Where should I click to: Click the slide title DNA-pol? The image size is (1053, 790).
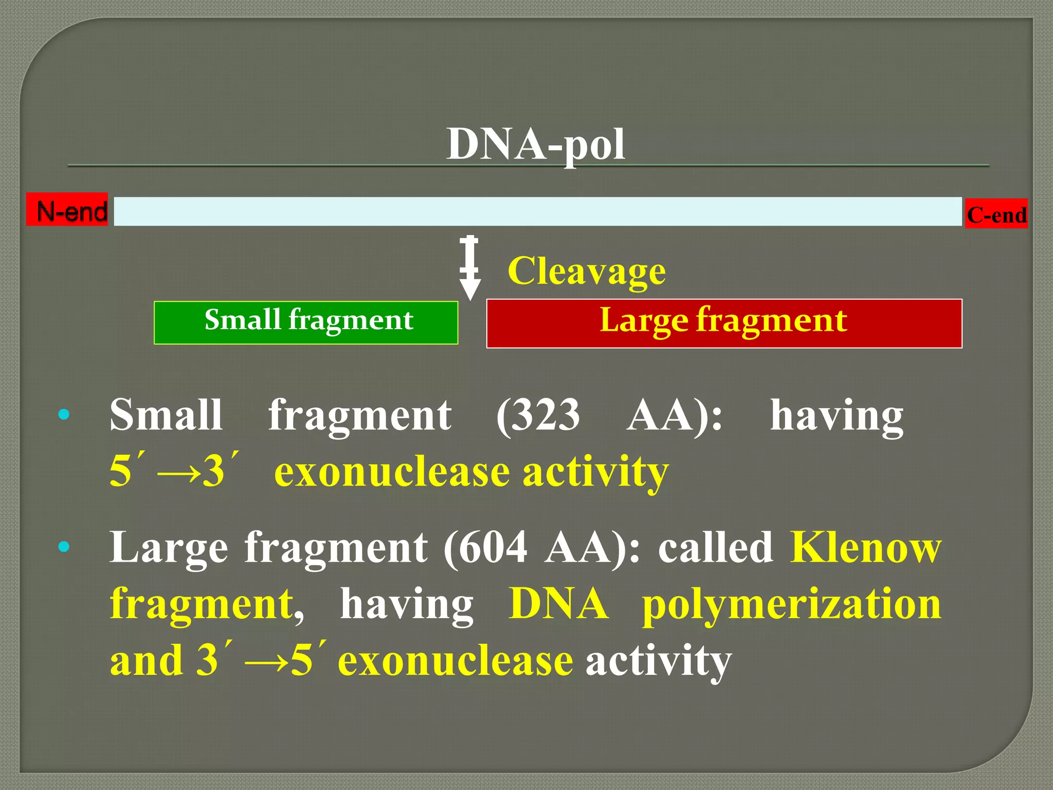(x=535, y=145)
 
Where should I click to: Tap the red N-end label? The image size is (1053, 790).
(x=67, y=210)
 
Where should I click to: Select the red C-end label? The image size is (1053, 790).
(x=996, y=214)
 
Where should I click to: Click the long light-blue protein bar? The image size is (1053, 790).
(x=537, y=211)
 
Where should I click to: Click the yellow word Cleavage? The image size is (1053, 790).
(x=586, y=271)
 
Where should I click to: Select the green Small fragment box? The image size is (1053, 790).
(x=306, y=322)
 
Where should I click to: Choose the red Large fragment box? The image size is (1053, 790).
(x=724, y=323)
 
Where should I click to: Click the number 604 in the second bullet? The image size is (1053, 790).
(x=492, y=547)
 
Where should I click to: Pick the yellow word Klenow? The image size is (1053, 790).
(x=865, y=547)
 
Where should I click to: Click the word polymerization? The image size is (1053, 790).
(x=791, y=604)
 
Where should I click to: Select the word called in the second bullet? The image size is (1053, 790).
(x=715, y=547)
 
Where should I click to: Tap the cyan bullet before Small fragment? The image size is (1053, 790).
(x=64, y=415)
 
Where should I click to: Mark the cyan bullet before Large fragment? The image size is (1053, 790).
(x=64, y=547)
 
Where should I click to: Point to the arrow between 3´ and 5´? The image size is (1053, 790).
(x=266, y=662)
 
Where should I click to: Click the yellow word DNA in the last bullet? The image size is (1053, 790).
(x=558, y=604)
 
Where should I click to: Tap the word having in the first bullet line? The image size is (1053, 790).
(x=836, y=416)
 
